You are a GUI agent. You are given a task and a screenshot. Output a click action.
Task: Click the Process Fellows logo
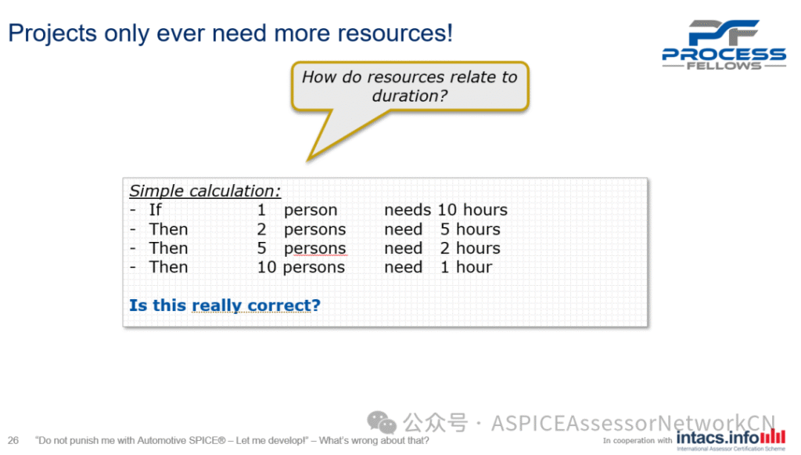coord(724,45)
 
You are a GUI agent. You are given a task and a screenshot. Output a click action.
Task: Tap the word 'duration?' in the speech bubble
coord(410,96)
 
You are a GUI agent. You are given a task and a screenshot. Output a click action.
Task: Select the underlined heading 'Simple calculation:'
coord(205,190)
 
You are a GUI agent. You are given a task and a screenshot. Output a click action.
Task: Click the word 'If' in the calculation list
coord(156,210)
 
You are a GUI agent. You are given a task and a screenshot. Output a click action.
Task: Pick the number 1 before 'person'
coord(261,210)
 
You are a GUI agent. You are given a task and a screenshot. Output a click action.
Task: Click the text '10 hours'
coord(472,210)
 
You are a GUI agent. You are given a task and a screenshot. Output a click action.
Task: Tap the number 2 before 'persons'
coord(261,229)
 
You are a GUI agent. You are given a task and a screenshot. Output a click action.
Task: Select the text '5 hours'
coord(470,229)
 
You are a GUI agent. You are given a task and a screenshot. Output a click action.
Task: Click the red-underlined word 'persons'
coord(315,248)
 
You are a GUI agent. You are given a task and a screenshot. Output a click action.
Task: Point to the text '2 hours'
coord(470,248)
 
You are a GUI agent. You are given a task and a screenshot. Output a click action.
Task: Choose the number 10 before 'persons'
coord(267,267)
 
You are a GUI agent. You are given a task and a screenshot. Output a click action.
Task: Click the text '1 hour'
coord(466,267)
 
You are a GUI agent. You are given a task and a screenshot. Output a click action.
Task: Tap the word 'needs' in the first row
coord(408,210)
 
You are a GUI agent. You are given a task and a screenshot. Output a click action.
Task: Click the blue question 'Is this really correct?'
coord(224,305)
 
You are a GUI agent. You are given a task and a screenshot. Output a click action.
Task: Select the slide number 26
coord(13,440)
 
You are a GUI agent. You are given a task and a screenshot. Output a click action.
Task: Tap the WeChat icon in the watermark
coord(382,423)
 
